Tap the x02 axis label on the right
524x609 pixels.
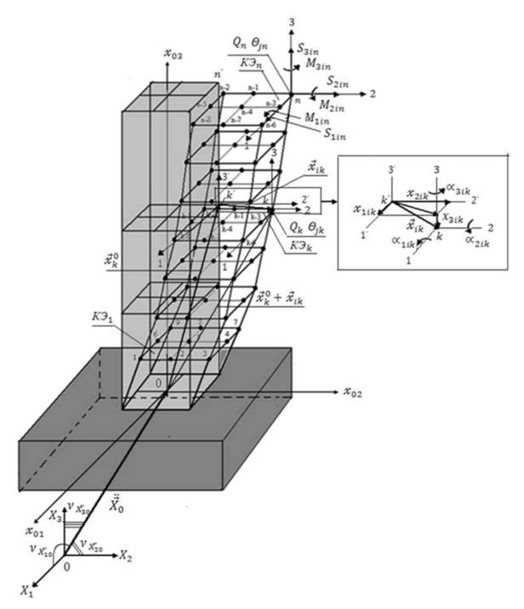pyautogui.click(x=357, y=392)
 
